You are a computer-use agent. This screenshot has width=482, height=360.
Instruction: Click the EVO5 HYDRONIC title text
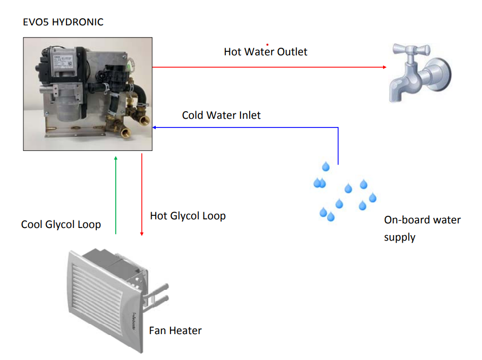pyautogui.click(x=63, y=22)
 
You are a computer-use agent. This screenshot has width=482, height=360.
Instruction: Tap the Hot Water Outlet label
pyautogui.click(x=265, y=52)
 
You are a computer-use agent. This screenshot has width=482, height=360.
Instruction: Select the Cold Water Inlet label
pyautogui.click(x=221, y=115)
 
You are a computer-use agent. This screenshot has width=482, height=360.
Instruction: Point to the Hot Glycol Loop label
pyautogui.click(x=188, y=216)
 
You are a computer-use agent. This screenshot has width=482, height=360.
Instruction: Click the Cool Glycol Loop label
pyautogui.click(x=61, y=224)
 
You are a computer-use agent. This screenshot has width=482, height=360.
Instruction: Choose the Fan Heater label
pyautogui.click(x=175, y=331)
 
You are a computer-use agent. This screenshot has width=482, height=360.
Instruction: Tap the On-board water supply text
pyautogui.click(x=422, y=228)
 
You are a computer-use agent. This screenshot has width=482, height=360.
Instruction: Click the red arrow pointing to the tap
pyautogui.click(x=269, y=67)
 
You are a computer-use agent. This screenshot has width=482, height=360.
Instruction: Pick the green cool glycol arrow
pyautogui.click(x=116, y=195)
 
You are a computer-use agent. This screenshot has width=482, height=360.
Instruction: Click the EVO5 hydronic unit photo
pyautogui.click(x=88, y=94)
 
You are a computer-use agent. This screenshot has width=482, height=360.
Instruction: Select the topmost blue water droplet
pyautogui.click(x=326, y=167)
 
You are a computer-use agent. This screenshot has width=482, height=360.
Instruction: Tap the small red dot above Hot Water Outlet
pyautogui.click(x=267, y=44)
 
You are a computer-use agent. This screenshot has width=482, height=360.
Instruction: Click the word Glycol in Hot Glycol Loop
pyautogui.click(x=188, y=216)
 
